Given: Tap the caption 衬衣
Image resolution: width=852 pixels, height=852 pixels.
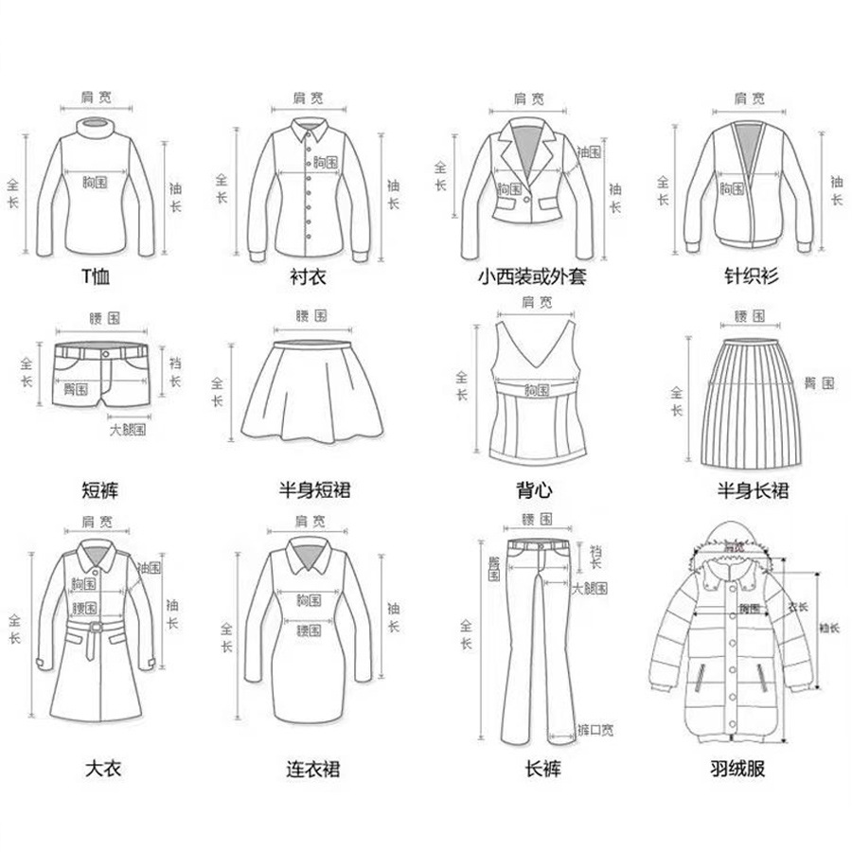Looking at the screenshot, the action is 306,278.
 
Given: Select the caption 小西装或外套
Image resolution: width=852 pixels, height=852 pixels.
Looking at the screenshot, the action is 533,278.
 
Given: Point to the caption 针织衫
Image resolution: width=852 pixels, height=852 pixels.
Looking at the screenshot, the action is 749,277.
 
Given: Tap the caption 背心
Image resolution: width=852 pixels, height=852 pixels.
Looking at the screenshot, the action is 534,490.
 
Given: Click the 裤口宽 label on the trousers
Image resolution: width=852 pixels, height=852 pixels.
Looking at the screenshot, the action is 597,729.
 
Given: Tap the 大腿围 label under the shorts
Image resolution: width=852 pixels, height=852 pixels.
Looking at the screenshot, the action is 127,430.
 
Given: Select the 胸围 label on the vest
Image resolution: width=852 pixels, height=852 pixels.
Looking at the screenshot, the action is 536,389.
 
